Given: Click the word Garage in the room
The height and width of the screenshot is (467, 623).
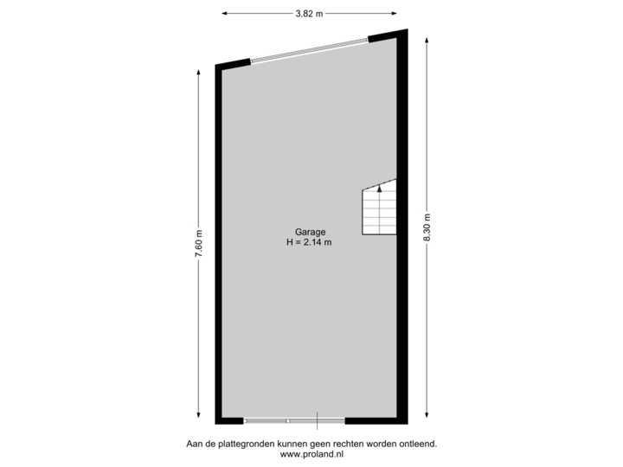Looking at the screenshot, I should (x=310, y=232).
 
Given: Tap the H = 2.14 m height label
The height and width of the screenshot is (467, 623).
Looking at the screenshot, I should (x=310, y=242).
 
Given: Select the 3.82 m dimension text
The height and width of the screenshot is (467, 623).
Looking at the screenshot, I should (x=309, y=14).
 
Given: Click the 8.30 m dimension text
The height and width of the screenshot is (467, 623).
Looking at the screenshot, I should (x=427, y=229).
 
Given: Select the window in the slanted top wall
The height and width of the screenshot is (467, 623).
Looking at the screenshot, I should (x=309, y=48).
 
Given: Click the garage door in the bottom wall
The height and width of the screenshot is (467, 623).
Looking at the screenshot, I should (x=294, y=421).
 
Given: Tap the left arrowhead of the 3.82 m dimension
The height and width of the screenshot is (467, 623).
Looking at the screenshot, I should (x=224, y=14).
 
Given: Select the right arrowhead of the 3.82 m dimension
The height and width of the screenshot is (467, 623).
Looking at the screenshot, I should (x=395, y=14).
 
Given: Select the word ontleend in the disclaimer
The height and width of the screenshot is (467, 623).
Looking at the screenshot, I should (x=417, y=444).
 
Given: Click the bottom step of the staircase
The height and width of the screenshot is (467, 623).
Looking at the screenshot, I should (x=379, y=228).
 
